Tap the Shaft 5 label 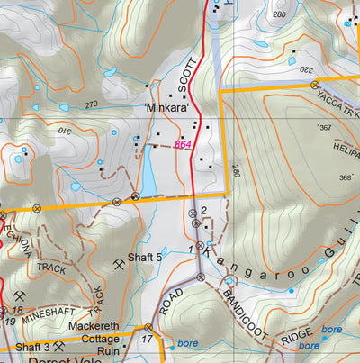(145, 258)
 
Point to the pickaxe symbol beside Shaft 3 (59, 346)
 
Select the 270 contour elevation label (92, 104)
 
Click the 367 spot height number (325, 127)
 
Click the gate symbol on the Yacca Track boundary (316, 86)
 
